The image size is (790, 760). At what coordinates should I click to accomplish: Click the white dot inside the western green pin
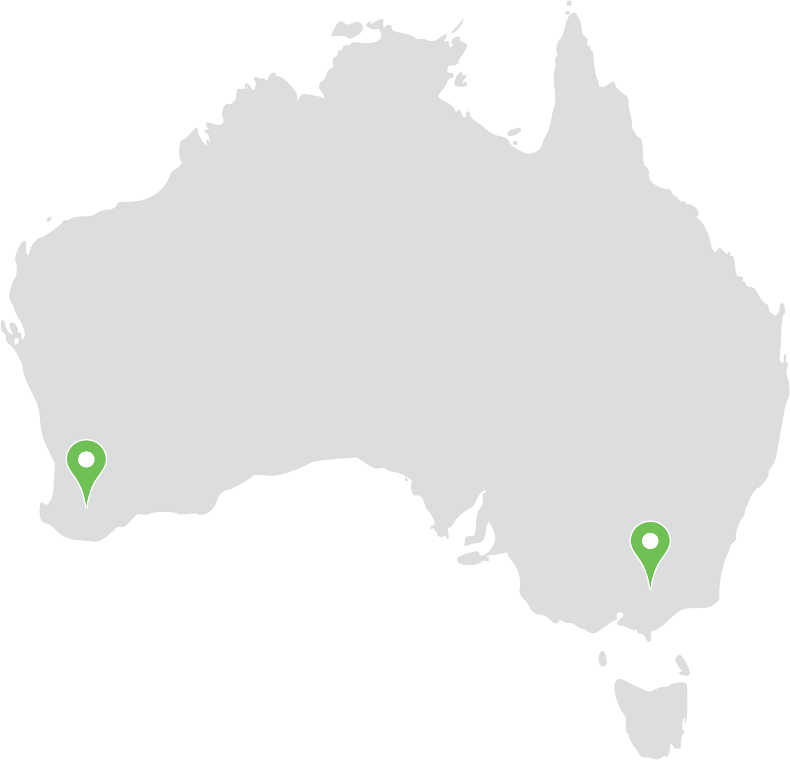point(87,459)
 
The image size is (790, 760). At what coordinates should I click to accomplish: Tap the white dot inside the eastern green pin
point(650,541)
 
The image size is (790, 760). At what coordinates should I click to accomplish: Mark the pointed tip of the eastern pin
point(650,587)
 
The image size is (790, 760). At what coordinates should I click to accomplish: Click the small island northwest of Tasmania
point(603,659)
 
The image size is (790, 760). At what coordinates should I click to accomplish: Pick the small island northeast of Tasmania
point(681,664)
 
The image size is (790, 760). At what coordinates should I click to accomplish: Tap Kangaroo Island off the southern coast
point(471,558)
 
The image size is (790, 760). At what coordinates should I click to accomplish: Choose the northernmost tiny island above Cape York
point(569,3)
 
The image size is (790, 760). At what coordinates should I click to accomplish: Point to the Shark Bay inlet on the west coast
point(14,335)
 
